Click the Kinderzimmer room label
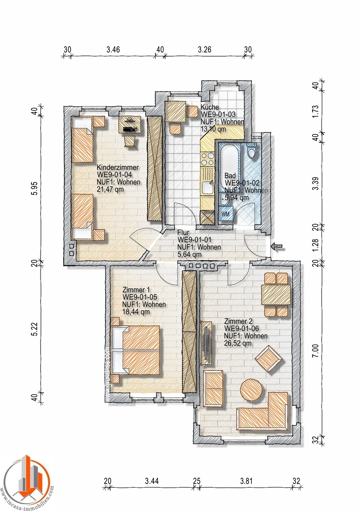pos(118,167)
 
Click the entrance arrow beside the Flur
pos(277,246)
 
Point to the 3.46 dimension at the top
pos(113,49)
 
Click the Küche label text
pos(210,107)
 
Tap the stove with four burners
pos(207,159)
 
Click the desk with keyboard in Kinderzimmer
pos(129,125)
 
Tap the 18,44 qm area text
pos(136,312)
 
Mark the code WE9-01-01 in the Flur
pos(194,240)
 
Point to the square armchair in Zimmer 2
pos(268,358)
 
